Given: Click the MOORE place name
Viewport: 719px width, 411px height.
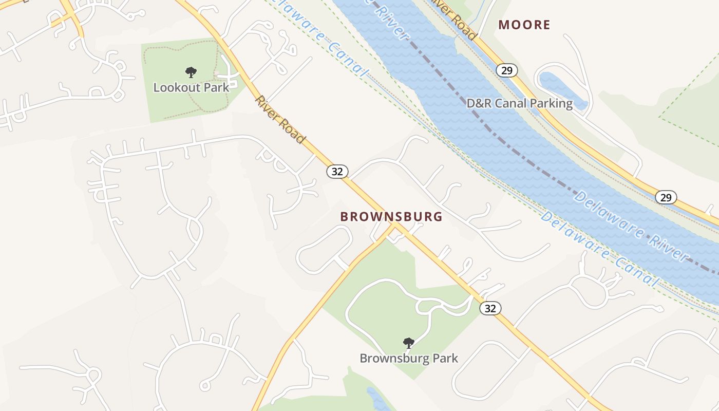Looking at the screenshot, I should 524,25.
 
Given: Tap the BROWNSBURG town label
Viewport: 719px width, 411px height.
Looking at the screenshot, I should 391,217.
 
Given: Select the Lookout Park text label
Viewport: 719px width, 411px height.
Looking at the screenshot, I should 191,87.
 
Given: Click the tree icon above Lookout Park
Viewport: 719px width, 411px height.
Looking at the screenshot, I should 191,72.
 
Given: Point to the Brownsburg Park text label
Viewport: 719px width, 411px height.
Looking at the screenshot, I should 409,358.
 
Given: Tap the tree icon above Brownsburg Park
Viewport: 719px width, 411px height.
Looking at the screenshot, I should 409,343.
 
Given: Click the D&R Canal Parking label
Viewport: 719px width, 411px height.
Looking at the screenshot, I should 519,103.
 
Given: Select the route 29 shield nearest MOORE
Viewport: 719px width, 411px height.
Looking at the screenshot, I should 506,70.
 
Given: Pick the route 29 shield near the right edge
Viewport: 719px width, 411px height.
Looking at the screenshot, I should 666,197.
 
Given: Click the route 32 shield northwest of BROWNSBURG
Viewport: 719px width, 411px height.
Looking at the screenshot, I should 337,171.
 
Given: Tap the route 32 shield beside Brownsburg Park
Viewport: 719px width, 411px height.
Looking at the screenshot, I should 490,308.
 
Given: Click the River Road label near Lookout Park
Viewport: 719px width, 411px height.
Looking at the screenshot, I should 280,120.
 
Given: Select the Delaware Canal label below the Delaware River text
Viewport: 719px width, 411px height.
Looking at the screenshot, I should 599,249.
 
